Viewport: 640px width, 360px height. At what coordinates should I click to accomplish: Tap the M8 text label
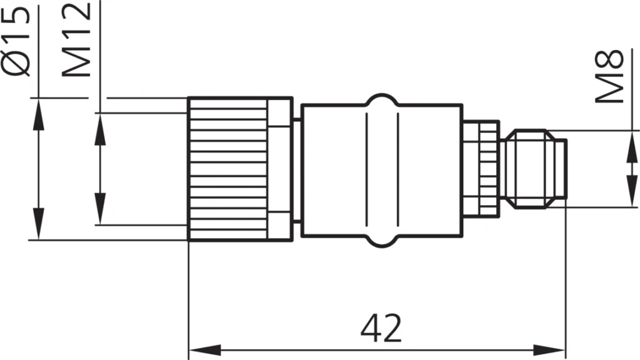pos(609,76)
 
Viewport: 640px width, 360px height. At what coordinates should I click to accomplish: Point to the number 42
pos(381,327)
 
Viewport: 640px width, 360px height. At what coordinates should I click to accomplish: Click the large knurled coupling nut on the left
pos(228,169)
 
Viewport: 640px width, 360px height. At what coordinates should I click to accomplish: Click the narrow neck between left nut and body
pos(297,169)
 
